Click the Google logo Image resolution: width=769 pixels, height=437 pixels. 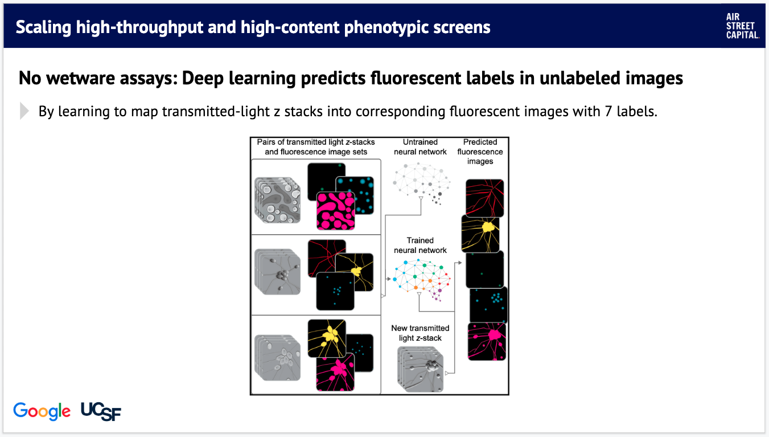click(42, 411)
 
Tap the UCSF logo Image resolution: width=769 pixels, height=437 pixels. click(101, 411)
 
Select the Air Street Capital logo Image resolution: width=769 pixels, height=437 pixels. click(742, 26)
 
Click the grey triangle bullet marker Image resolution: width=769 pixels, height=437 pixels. click(24, 111)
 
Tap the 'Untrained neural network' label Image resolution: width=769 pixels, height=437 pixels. click(420, 146)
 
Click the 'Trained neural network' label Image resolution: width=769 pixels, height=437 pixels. click(420, 246)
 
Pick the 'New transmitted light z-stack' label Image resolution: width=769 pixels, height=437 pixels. click(420, 333)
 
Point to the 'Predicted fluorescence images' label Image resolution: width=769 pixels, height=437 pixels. click(480, 152)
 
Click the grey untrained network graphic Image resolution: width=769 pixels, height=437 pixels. click(422, 183)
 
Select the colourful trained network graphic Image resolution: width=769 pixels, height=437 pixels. click(422, 280)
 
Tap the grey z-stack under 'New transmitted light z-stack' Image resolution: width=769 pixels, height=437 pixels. click(421, 369)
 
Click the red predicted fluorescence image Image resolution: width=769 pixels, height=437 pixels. click(485, 198)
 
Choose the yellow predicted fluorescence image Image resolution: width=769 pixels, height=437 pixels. click(480, 234)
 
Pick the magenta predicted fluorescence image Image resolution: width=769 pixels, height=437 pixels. click(487, 341)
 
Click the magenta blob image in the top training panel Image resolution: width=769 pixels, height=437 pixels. click(335, 211)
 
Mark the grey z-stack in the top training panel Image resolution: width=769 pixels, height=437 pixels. click(277, 201)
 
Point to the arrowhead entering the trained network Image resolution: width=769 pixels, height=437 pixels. click(389, 279)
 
